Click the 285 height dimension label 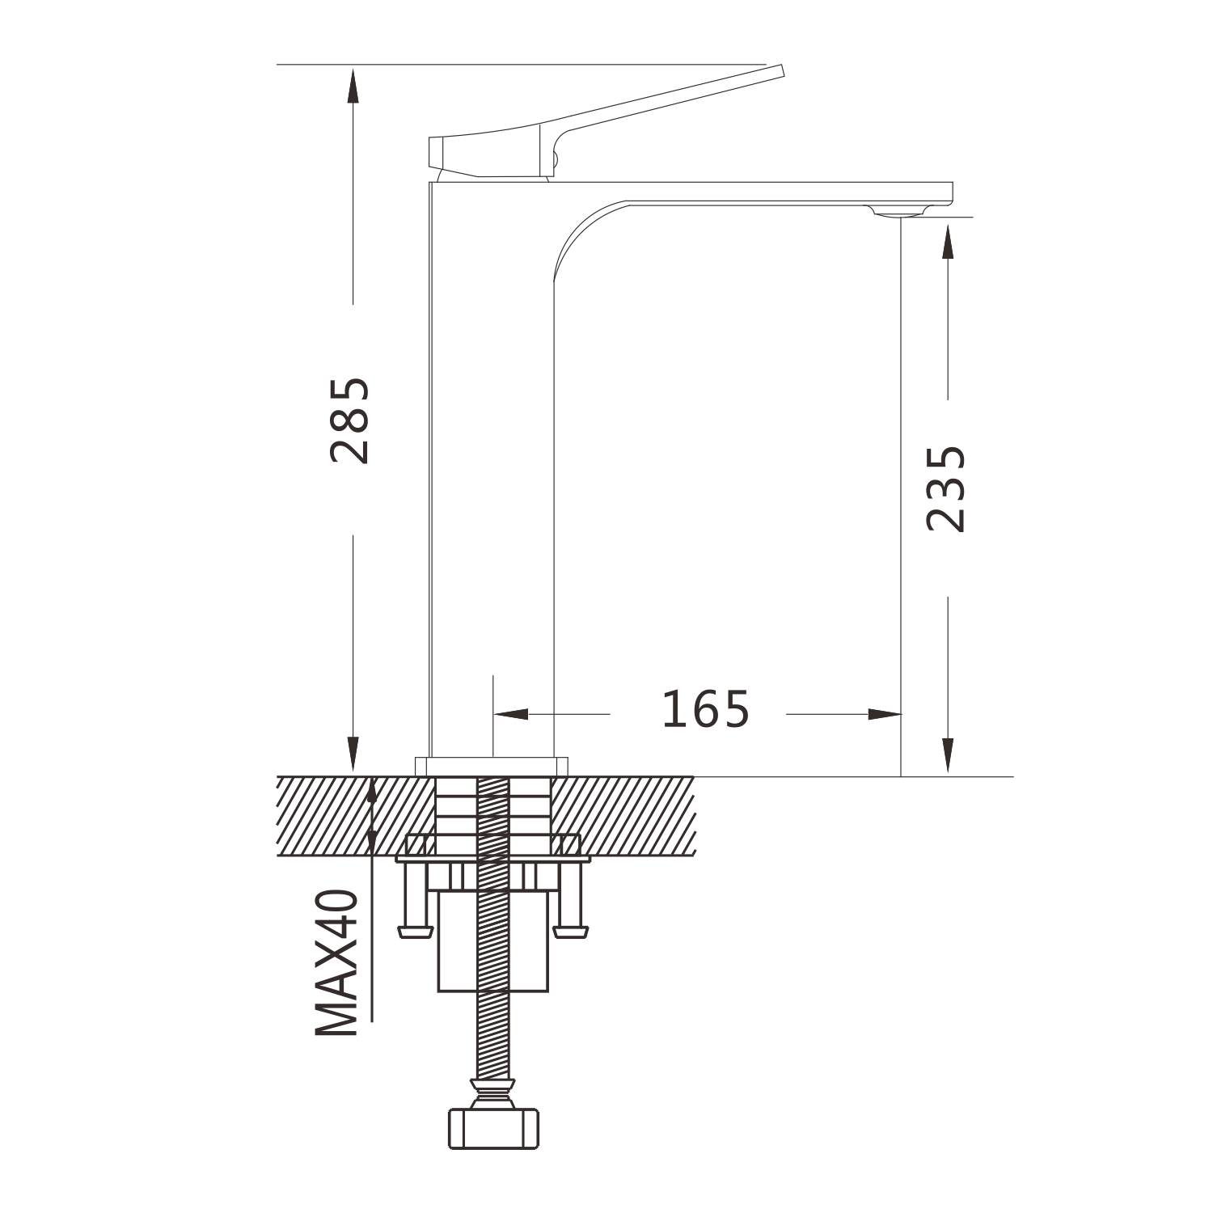tap(351, 421)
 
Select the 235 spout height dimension tap(946, 488)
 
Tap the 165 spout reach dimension tap(706, 710)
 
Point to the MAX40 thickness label tap(336, 962)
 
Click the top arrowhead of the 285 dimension tap(353, 84)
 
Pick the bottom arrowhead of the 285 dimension tap(353, 755)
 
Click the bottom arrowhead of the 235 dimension tap(949, 757)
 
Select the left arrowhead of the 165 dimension tap(510, 714)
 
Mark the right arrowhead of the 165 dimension tap(884, 714)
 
